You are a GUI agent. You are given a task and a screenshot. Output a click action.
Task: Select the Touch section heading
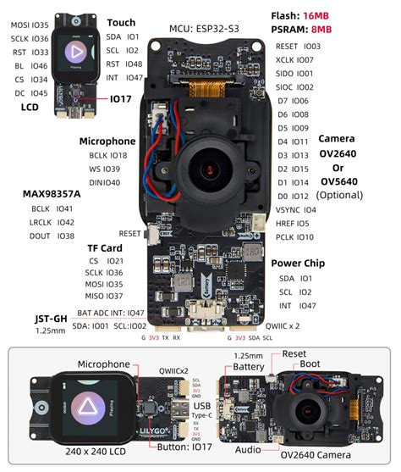(x=121, y=23)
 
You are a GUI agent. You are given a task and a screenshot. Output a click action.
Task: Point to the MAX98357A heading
(x=52, y=194)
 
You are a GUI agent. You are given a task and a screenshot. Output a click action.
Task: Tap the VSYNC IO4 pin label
(x=295, y=209)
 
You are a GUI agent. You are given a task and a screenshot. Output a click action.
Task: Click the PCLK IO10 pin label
(x=295, y=237)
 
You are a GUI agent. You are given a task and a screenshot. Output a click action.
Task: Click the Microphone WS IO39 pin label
(x=107, y=169)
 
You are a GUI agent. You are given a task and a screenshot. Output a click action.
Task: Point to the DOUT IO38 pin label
(x=52, y=236)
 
